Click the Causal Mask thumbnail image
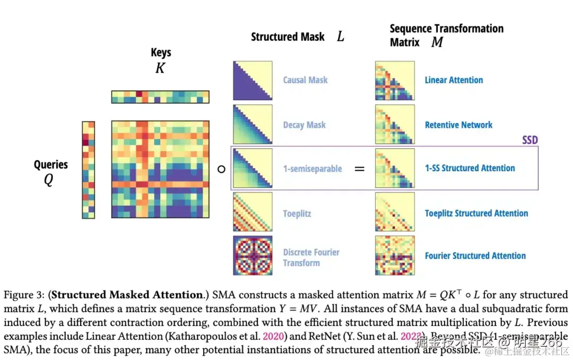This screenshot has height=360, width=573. (x=253, y=81)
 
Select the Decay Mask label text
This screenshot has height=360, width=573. (x=304, y=125)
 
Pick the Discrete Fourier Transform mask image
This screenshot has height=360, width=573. (x=253, y=256)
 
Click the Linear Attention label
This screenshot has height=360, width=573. (x=454, y=80)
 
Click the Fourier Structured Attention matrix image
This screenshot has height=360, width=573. (x=395, y=256)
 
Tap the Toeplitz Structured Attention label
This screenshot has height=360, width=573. (x=476, y=213)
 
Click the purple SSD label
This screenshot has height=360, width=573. (x=529, y=140)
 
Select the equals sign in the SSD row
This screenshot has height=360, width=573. (x=360, y=169)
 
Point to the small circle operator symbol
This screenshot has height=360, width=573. (x=222, y=169)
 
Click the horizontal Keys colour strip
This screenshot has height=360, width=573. (x=160, y=97)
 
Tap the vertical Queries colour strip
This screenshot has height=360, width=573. (x=88, y=170)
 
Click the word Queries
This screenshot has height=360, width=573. (x=51, y=164)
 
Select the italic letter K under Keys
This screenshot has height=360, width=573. (x=160, y=68)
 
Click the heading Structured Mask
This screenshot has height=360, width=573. (x=288, y=37)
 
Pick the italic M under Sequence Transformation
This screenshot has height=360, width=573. (x=437, y=42)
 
